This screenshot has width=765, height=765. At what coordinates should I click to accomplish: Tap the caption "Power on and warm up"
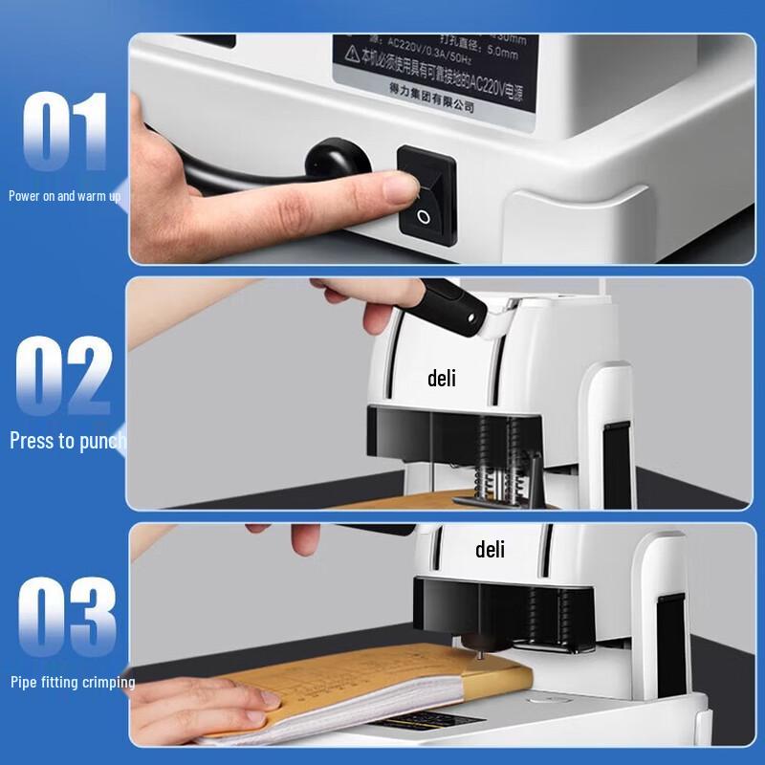pos(65,196)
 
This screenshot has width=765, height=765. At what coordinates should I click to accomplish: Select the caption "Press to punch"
pos(67,441)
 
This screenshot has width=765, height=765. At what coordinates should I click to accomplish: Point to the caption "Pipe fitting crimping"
pos(73,682)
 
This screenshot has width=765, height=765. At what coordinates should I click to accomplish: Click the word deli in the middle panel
pos(441,379)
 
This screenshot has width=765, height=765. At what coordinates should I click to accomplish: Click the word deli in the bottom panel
pos(490,550)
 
